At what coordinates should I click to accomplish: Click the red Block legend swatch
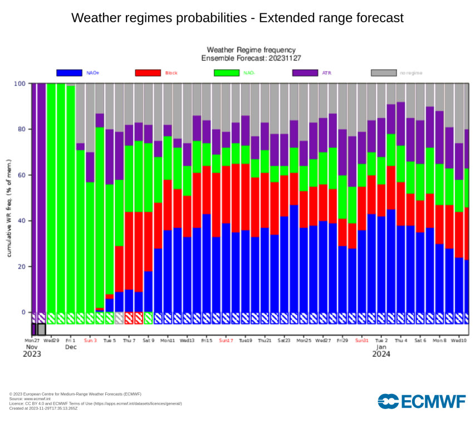[x=148, y=72]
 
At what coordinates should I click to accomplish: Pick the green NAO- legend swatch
[x=226, y=72]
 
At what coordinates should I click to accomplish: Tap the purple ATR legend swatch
[x=305, y=72]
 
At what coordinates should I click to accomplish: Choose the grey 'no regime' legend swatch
[x=384, y=72]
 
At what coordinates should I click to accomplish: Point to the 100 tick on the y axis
[x=19, y=84]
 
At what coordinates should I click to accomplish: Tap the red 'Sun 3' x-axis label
[x=90, y=339]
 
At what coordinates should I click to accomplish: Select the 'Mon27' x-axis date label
[x=32, y=339]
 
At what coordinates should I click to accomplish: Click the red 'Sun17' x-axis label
[x=226, y=339]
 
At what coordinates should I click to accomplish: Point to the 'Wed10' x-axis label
[x=459, y=339]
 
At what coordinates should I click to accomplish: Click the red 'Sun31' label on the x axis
[x=362, y=339]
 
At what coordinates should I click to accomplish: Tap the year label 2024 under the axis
[x=381, y=354]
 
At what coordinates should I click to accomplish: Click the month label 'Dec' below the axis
[x=71, y=347]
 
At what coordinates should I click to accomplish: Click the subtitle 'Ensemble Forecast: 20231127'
[x=251, y=58]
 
